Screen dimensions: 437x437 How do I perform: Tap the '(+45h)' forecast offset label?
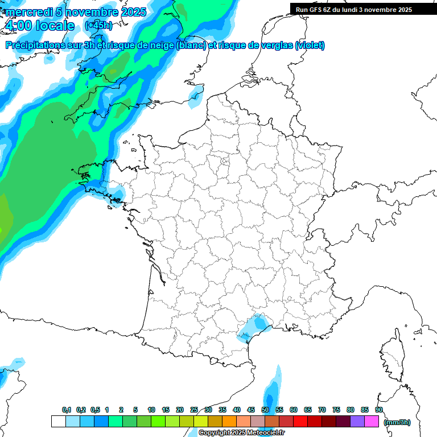pyautogui.click(x=98, y=25)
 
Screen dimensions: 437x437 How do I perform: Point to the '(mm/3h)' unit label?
pyautogui.click(x=397, y=422)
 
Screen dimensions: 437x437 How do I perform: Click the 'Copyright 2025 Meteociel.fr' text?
pyautogui.click(x=241, y=432)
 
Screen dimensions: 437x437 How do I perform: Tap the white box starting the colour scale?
pyautogui.click(x=58, y=422)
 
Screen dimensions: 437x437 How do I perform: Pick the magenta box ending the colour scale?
pyautogui.click(x=372, y=422)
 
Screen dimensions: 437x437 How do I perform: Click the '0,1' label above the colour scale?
pyautogui.click(x=67, y=410)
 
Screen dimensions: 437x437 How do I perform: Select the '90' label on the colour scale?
pyautogui.click(x=379, y=410)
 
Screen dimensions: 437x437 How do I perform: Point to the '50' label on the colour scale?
pyautogui.click(x=265, y=410)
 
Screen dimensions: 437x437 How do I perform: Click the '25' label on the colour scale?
pyautogui.click(x=194, y=410)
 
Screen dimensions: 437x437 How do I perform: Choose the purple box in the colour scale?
pyautogui.click(x=358, y=422)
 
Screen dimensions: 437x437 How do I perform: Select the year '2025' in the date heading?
pyautogui.click(x=132, y=12)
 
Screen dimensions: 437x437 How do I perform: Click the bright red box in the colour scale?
pyautogui.click(x=300, y=422)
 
